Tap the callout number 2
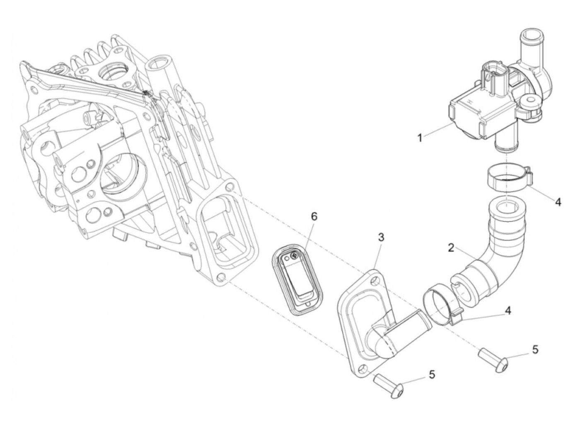click(x=451, y=248)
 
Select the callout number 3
click(x=381, y=237)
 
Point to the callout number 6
click(x=314, y=216)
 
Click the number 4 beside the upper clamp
click(x=558, y=202)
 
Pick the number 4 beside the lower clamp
click(x=508, y=310)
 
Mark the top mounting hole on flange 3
click(x=376, y=281)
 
